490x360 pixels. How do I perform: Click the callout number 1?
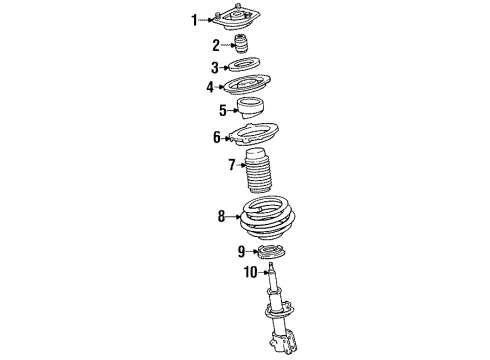[x=195, y=18]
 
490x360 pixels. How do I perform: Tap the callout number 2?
[x=215, y=45]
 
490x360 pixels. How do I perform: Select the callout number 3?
[x=214, y=68]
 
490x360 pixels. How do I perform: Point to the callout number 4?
[x=210, y=88]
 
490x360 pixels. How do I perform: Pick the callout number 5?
[x=223, y=110]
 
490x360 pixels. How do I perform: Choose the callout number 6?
[x=216, y=137]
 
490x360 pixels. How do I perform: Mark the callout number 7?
[x=231, y=165]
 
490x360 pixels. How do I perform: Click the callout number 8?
[x=221, y=215]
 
